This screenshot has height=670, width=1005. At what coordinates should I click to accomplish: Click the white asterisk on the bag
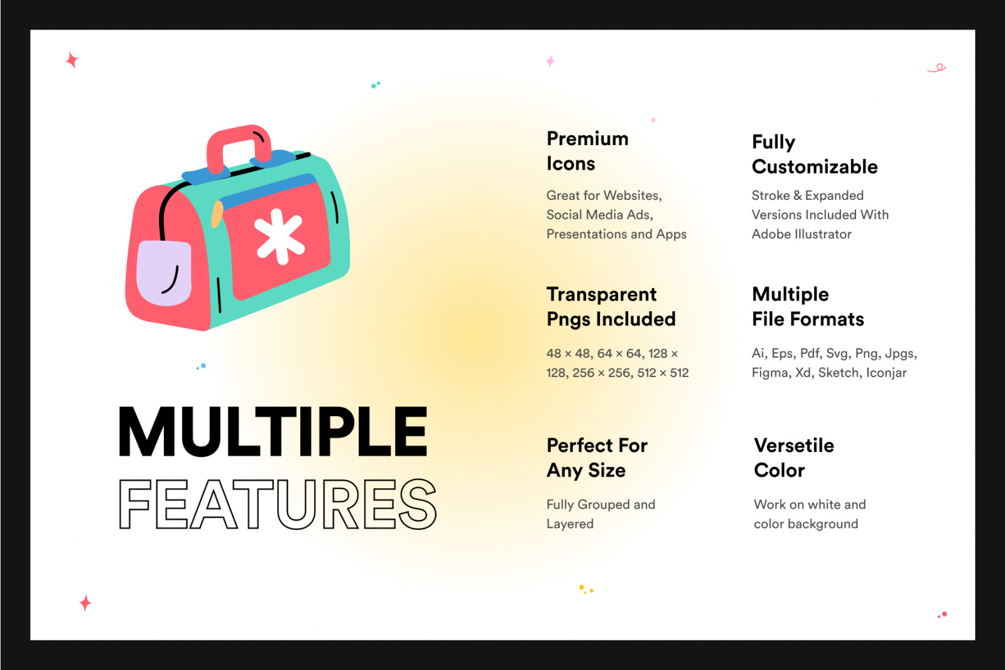pyautogui.click(x=279, y=236)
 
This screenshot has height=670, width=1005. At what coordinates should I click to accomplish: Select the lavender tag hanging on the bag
pyautogui.click(x=164, y=273)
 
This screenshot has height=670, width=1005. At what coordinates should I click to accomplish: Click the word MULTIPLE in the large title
pyautogui.click(x=273, y=432)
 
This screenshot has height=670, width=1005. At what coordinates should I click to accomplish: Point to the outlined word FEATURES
pyautogui.click(x=277, y=504)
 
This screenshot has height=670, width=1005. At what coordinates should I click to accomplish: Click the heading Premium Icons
pyautogui.click(x=587, y=151)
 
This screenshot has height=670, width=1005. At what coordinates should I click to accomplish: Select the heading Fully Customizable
pyautogui.click(x=815, y=155)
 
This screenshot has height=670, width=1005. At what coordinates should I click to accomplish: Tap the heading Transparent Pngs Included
pyautogui.click(x=611, y=307)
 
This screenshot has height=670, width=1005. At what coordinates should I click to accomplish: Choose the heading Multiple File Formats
pyautogui.click(x=808, y=307)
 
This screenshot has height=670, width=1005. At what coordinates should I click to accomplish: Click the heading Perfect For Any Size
pyautogui.click(x=597, y=458)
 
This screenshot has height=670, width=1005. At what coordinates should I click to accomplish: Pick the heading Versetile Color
pyautogui.click(x=794, y=458)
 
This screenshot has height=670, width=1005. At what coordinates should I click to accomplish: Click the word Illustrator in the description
pyautogui.click(x=823, y=234)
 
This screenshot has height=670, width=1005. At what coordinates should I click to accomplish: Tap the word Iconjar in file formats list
pyautogui.click(x=886, y=373)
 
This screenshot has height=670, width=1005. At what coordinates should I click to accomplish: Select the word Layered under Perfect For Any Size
pyautogui.click(x=570, y=524)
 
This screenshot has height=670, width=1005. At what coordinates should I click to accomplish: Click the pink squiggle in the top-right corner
pyautogui.click(x=937, y=69)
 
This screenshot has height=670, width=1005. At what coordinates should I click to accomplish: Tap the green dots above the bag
pyautogui.click(x=376, y=84)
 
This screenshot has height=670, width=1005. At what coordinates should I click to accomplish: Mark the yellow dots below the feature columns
pyautogui.click(x=586, y=589)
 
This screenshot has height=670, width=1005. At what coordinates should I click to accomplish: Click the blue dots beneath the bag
pyautogui.click(x=202, y=366)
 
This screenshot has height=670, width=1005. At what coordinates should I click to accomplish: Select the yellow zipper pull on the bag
pyautogui.click(x=217, y=214)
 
